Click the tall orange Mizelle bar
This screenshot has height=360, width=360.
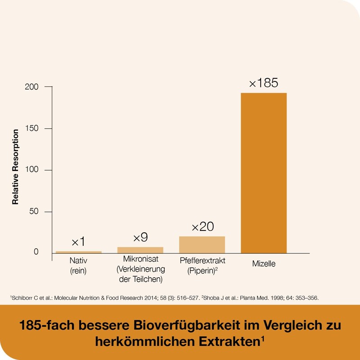(264, 173)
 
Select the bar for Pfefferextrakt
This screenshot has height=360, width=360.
(202, 244)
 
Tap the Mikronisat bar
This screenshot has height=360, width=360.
(141, 250)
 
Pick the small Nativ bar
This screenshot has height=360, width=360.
(79, 252)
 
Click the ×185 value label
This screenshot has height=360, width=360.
(264, 83)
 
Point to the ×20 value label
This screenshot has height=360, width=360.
(202, 227)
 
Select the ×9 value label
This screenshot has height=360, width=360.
(140, 237)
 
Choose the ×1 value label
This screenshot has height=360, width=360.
(78, 242)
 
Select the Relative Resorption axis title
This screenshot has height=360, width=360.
(15, 166)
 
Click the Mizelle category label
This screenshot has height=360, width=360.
(264, 264)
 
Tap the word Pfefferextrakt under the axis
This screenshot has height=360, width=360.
(202, 261)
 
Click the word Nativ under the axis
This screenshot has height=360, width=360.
(78, 261)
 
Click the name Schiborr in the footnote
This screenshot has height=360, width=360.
(21, 298)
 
